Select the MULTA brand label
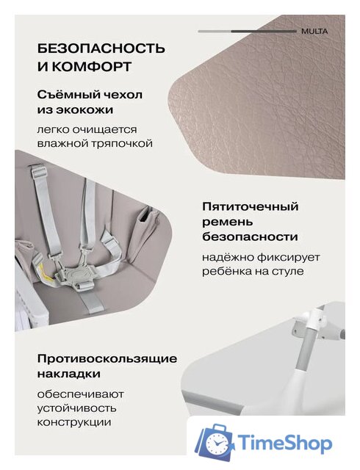(x=314, y=32)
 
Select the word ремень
(x=228, y=222)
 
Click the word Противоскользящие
(x=108, y=358)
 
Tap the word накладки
(x=71, y=375)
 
